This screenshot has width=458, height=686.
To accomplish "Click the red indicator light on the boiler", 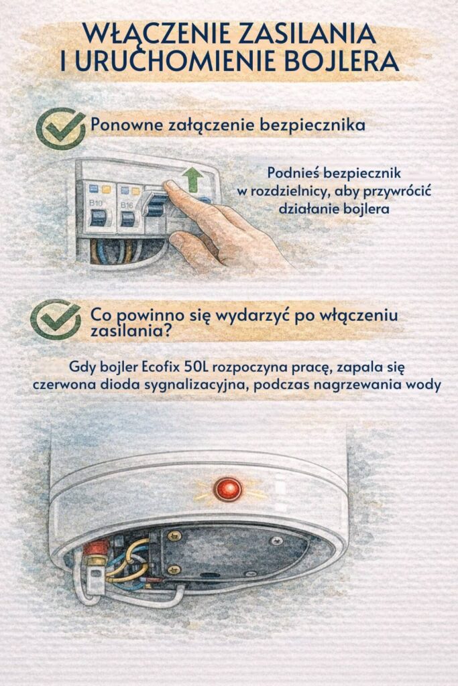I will [x=228, y=488].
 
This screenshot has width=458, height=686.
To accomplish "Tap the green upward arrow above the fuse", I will [x=194, y=179].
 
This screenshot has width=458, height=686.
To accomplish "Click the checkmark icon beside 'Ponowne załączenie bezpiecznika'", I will [x=60, y=127].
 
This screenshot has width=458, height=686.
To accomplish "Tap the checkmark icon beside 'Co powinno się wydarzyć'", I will [x=56, y=319].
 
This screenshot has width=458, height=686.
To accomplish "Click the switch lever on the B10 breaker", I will [x=98, y=218].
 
